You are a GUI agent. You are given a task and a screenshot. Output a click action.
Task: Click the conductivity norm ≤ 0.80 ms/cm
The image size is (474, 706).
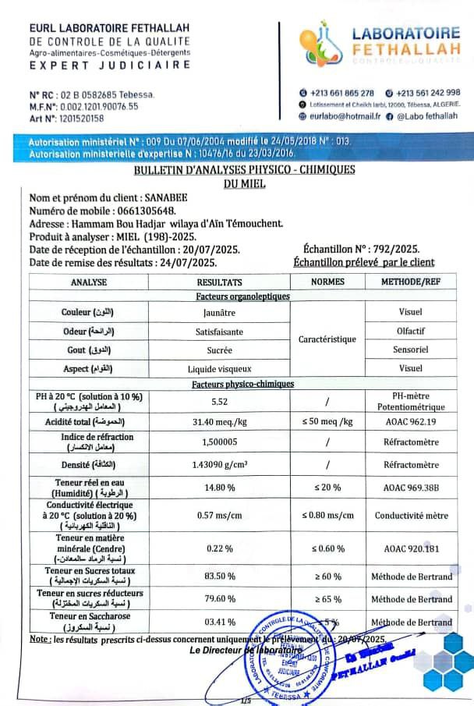point(327,515)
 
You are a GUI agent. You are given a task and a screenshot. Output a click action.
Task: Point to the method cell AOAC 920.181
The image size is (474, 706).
point(412,548)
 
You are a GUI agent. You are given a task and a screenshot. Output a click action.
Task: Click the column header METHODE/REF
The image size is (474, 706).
point(412,282)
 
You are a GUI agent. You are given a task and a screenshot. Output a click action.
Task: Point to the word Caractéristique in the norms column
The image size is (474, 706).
point(327,339)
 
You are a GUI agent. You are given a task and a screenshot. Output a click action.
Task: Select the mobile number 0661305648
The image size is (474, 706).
point(145,211)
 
